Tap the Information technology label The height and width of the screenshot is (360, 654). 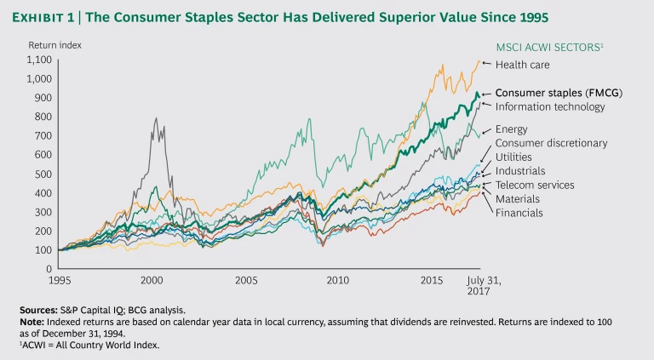(550, 107)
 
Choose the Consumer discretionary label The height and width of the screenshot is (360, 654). (551, 143)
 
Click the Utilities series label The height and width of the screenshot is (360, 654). (513, 157)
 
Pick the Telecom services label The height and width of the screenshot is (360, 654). (534, 185)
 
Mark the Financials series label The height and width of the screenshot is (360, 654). (519, 212)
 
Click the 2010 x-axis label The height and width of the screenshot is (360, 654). (338, 280)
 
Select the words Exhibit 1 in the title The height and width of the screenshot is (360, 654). (55, 17)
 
